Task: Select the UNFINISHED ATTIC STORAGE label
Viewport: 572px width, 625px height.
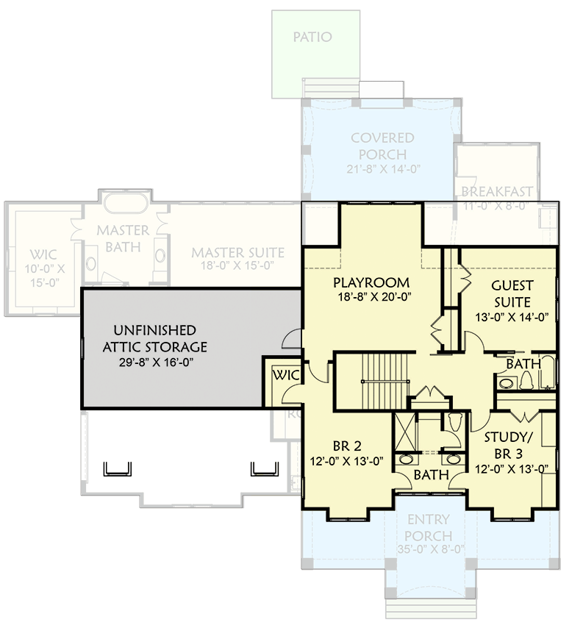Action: [160, 338]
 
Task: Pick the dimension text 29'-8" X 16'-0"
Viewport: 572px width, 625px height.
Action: [160, 362]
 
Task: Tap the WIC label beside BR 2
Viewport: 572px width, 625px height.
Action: [285, 376]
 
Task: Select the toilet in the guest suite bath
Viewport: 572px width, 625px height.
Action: [526, 380]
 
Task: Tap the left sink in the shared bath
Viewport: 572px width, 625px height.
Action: [405, 460]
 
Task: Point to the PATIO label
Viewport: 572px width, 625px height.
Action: [312, 37]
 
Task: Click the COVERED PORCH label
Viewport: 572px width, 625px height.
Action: [382, 146]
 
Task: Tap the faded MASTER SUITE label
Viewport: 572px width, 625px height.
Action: [237, 253]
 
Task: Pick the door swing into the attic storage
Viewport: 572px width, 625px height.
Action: [293, 339]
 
